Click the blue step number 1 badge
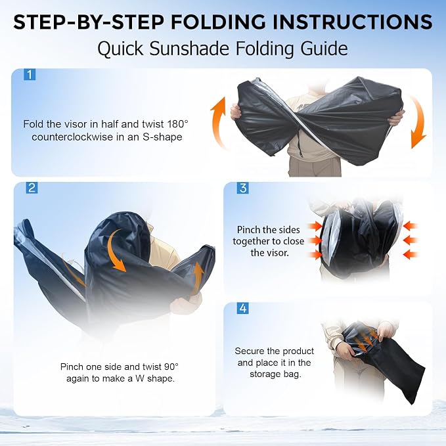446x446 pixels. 30,74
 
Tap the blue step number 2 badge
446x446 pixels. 32,188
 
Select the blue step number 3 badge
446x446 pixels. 243,188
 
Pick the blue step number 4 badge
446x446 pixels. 243,308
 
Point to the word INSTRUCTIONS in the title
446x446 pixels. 353,22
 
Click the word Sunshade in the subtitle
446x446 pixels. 189,49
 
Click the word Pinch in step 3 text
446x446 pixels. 247,229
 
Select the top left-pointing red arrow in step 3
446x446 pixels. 410,226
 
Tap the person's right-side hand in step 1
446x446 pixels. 396,118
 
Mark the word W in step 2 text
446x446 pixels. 140,378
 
